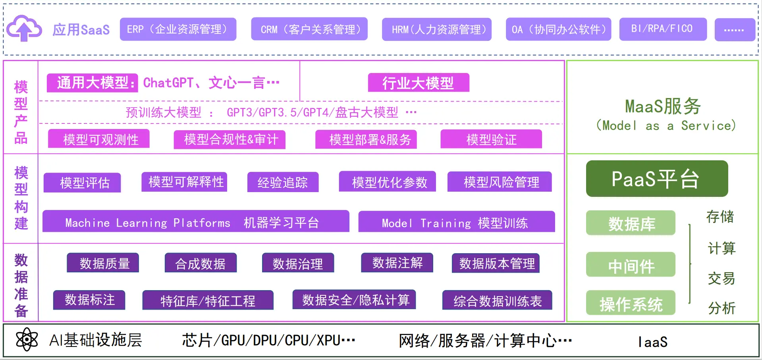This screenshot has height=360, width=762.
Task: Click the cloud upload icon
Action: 24,29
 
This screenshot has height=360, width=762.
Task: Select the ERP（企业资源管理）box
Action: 178,29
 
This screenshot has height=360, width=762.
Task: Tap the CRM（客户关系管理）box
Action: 309,29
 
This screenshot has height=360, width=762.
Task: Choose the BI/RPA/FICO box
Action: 663,29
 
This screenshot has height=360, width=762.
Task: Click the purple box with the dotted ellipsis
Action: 735,30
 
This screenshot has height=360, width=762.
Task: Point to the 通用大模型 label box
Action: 93,83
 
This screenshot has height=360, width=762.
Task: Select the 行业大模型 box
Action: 419,83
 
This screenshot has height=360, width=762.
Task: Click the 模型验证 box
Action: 491,139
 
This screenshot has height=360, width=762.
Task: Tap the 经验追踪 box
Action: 283,182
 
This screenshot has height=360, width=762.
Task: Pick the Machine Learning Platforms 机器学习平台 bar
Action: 196,222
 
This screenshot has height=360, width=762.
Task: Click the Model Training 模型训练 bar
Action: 456,222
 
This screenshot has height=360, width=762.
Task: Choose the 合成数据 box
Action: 201,263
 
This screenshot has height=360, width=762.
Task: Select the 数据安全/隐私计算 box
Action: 354,300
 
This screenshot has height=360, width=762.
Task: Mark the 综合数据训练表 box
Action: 497,300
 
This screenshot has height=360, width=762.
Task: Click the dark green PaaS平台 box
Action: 657,179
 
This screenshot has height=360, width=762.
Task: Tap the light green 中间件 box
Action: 631,265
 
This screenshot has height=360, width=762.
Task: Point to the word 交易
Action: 721,278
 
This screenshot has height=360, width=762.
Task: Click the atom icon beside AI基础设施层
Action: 27,340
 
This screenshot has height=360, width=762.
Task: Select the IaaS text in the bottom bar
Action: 653,341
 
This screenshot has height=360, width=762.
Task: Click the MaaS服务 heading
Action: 663,106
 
